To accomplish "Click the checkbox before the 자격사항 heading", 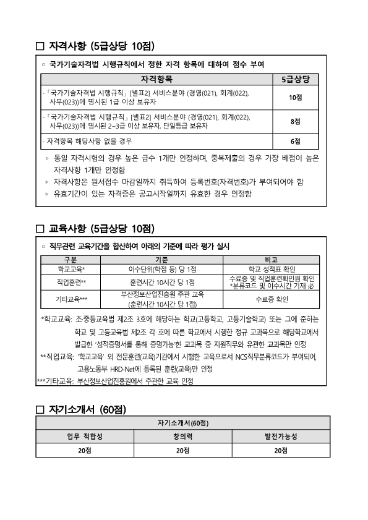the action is tap(41, 46).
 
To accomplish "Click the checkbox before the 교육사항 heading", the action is tap(41, 229).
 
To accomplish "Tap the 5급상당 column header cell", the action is tap(296, 80).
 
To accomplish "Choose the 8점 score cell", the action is tap(296, 122).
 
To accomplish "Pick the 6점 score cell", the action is tap(296, 141).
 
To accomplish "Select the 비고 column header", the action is tap(272, 260).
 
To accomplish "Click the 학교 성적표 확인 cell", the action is tap(272, 269).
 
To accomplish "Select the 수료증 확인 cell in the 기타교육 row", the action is tap(272, 299).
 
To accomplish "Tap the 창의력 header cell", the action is tap(182, 436).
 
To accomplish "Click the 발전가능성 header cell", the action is tap(281, 436).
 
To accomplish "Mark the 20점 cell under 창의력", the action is tap(182, 451).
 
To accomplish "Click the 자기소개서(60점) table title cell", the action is tap(182, 422).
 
